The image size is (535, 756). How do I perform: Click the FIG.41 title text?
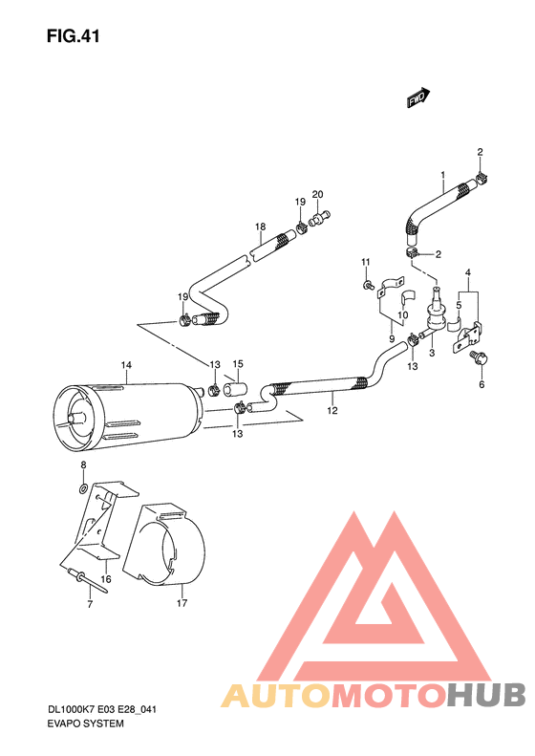point(72,37)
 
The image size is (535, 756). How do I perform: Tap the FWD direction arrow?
point(418,97)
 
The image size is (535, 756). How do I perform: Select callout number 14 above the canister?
point(124,365)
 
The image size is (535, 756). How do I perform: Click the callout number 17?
point(181,603)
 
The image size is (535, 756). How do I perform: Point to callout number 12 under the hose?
point(332,411)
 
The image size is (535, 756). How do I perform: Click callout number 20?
point(317,194)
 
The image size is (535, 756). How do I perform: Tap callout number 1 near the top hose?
point(443,175)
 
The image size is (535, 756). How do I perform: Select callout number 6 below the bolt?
point(481,384)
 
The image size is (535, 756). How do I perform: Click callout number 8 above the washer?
point(83,464)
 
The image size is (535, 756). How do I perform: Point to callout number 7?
point(90,605)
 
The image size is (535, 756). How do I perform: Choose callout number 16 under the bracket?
point(106,579)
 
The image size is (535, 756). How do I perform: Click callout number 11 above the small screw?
point(364,262)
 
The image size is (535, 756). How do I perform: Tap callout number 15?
point(238,364)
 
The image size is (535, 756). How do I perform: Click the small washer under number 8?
point(83,487)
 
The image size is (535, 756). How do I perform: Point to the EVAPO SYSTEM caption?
point(85,724)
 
